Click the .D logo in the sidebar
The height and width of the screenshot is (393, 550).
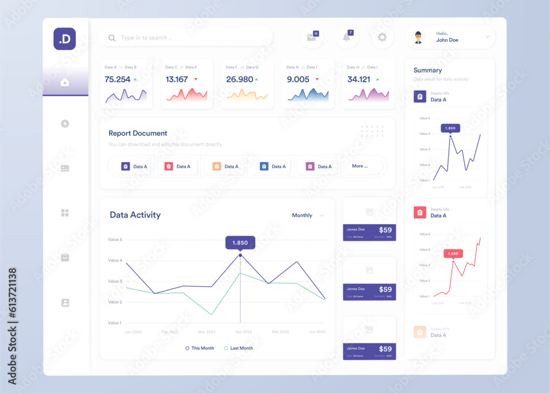[64, 39]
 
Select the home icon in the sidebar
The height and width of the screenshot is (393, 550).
[65, 83]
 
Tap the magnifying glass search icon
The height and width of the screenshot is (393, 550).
[112, 38]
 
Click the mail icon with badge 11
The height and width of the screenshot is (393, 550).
[312, 37]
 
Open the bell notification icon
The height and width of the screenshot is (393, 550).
[346, 37]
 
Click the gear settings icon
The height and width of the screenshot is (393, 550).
[382, 37]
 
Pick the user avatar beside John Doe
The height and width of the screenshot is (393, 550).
[419, 37]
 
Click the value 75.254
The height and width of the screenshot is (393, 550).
[118, 79]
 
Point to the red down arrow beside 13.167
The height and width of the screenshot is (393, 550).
[195, 79]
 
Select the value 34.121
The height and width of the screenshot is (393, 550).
[359, 79]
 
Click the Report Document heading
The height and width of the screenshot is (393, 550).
[137, 133]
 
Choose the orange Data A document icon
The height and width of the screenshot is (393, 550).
[216, 166]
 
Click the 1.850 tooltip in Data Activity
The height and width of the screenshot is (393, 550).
[240, 243]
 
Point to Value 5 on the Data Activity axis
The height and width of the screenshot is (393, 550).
[115, 239]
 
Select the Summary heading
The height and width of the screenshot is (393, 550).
[427, 70]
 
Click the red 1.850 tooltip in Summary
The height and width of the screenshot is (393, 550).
[453, 254]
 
